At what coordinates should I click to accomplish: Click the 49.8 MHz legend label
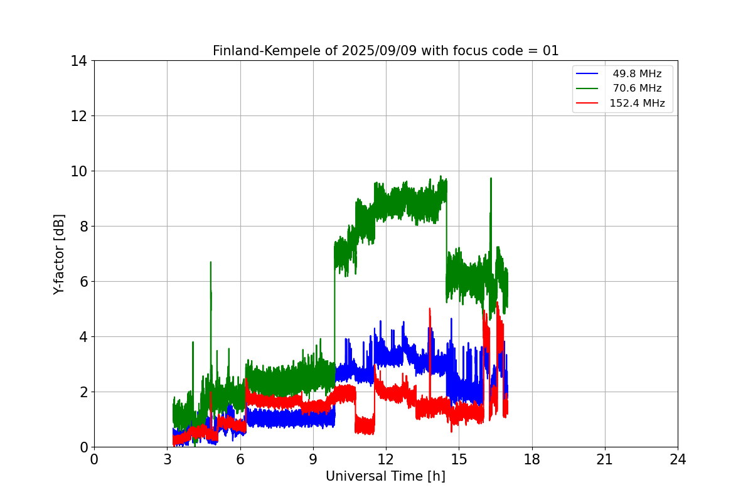(x=637, y=73)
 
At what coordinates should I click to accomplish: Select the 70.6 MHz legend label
(x=637, y=88)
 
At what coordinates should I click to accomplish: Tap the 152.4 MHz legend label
(x=637, y=103)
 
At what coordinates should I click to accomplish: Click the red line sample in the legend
(x=587, y=103)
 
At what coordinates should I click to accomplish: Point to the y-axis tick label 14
(x=78, y=61)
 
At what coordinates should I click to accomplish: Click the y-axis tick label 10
(x=78, y=171)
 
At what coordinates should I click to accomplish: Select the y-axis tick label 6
(x=83, y=282)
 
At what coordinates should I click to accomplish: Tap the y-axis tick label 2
(x=83, y=392)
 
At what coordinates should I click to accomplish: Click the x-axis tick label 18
(x=532, y=459)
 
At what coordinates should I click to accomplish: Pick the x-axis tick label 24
(x=678, y=459)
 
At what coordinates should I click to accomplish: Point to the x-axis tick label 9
(x=313, y=459)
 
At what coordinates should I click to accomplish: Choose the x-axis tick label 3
(x=168, y=459)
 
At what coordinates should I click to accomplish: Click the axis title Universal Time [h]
(x=385, y=476)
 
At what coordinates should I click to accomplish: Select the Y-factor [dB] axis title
(x=59, y=255)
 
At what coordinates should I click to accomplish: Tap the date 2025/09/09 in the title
(x=379, y=51)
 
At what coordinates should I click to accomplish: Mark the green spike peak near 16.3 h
(x=491, y=178)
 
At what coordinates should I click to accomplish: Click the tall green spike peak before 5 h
(x=211, y=262)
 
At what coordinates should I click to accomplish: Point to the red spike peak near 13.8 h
(x=430, y=308)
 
